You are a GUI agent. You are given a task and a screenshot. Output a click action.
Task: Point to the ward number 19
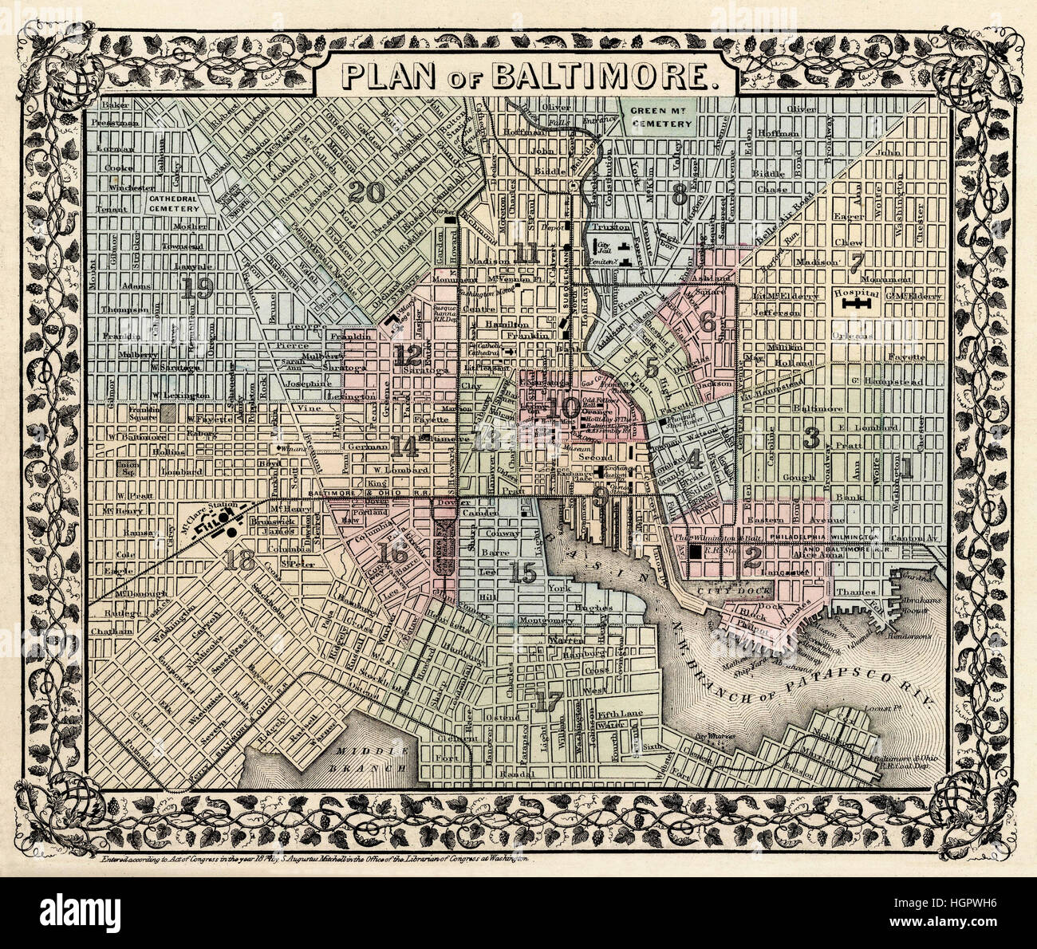click(196, 289)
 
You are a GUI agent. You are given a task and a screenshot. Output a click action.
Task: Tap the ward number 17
click(550, 702)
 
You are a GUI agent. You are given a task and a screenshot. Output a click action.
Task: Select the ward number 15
click(523, 571)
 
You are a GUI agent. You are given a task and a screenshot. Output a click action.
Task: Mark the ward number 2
click(751, 559)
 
